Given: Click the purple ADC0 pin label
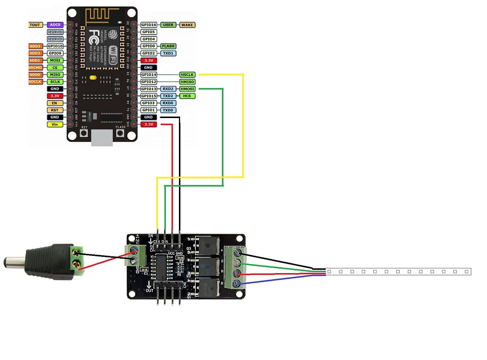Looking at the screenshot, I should pos(55,24).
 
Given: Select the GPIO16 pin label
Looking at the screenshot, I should pos(149,24).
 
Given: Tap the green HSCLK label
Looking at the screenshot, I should pos(187,75).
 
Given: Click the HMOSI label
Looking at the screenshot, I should pos(187,89).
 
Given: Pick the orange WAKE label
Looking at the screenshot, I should pos(187,24).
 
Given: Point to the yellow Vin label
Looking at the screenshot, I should pos(55,124).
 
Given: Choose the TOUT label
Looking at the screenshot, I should pos(36,24).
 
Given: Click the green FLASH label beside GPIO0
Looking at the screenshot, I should pos(168,46).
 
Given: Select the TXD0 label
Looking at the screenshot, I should pos(168,110).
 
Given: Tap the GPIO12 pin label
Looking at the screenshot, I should pos(149,82).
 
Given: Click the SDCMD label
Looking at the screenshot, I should pos(36,68).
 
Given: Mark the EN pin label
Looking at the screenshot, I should pos(55,103).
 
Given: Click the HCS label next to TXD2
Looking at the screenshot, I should pos(187,96).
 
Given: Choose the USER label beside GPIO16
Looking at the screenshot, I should pos(168,24).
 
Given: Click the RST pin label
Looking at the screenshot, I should pos(55,110).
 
